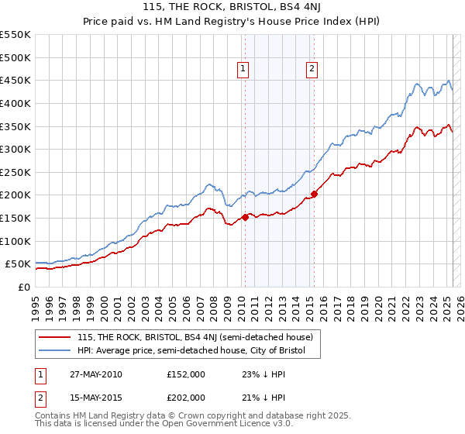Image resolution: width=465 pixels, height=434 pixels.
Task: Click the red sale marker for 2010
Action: (x=245, y=217)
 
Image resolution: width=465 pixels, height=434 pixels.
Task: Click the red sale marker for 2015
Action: (x=314, y=194)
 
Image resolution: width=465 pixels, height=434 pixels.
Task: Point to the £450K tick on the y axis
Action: (x=15, y=81)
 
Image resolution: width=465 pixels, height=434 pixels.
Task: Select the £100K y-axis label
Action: (x=15, y=242)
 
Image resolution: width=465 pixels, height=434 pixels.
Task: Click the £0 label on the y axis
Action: (x=22, y=288)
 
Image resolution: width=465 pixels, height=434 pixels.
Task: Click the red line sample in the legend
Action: (x=54, y=338)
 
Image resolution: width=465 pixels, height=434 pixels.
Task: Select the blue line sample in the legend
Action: (x=54, y=351)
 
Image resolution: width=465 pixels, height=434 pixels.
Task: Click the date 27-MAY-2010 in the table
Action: (x=96, y=374)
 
